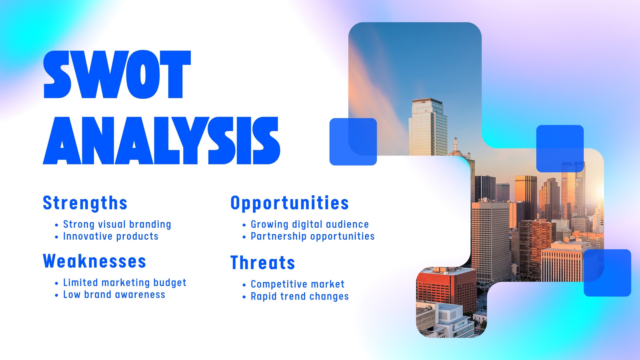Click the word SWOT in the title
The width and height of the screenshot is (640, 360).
click(x=117, y=74)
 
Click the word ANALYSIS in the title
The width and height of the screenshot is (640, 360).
click(x=162, y=140)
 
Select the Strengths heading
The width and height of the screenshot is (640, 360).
click(x=85, y=204)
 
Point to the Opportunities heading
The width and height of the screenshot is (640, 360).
click(x=290, y=204)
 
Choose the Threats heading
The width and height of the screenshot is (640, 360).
click(x=262, y=262)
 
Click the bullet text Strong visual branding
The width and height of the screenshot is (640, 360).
click(x=117, y=224)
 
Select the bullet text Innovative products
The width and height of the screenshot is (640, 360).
click(x=111, y=236)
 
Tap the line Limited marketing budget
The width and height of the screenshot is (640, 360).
click(x=124, y=282)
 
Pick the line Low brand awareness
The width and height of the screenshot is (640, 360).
click(x=114, y=294)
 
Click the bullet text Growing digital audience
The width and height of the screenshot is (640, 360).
click(x=310, y=224)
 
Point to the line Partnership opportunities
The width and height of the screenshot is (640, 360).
click(x=312, y=236)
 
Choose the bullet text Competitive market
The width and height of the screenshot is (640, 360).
click(x=298, y=284)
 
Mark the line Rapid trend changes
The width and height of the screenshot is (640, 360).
click(x=300, y=296)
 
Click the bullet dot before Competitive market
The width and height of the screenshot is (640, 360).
click(x=244, y=285)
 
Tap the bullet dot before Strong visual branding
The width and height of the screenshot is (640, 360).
click(x=56, y=225)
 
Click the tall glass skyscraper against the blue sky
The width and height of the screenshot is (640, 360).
click(x=428, y=127)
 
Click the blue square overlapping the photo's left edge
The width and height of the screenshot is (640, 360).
click(x=353, y=142)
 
